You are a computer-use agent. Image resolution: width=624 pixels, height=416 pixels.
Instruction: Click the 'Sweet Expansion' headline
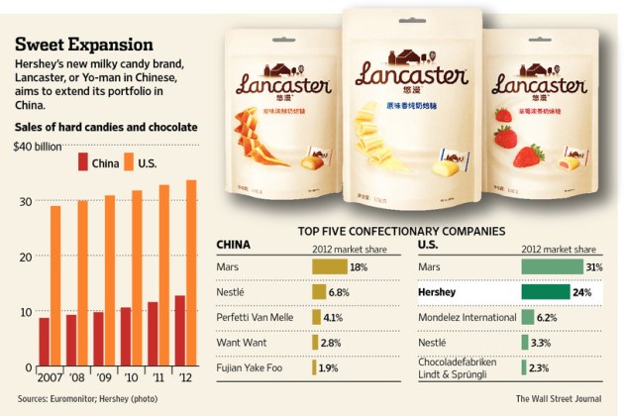click(83, 45)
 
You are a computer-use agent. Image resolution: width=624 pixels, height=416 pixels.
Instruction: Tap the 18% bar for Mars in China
click(329, 266)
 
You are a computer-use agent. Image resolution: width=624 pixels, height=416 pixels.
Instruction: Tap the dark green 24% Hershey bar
click(545, 292)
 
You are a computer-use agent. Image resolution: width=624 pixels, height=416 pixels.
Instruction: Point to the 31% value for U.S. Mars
click(592, 266)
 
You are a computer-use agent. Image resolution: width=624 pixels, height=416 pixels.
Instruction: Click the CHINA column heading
click(233, 243)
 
